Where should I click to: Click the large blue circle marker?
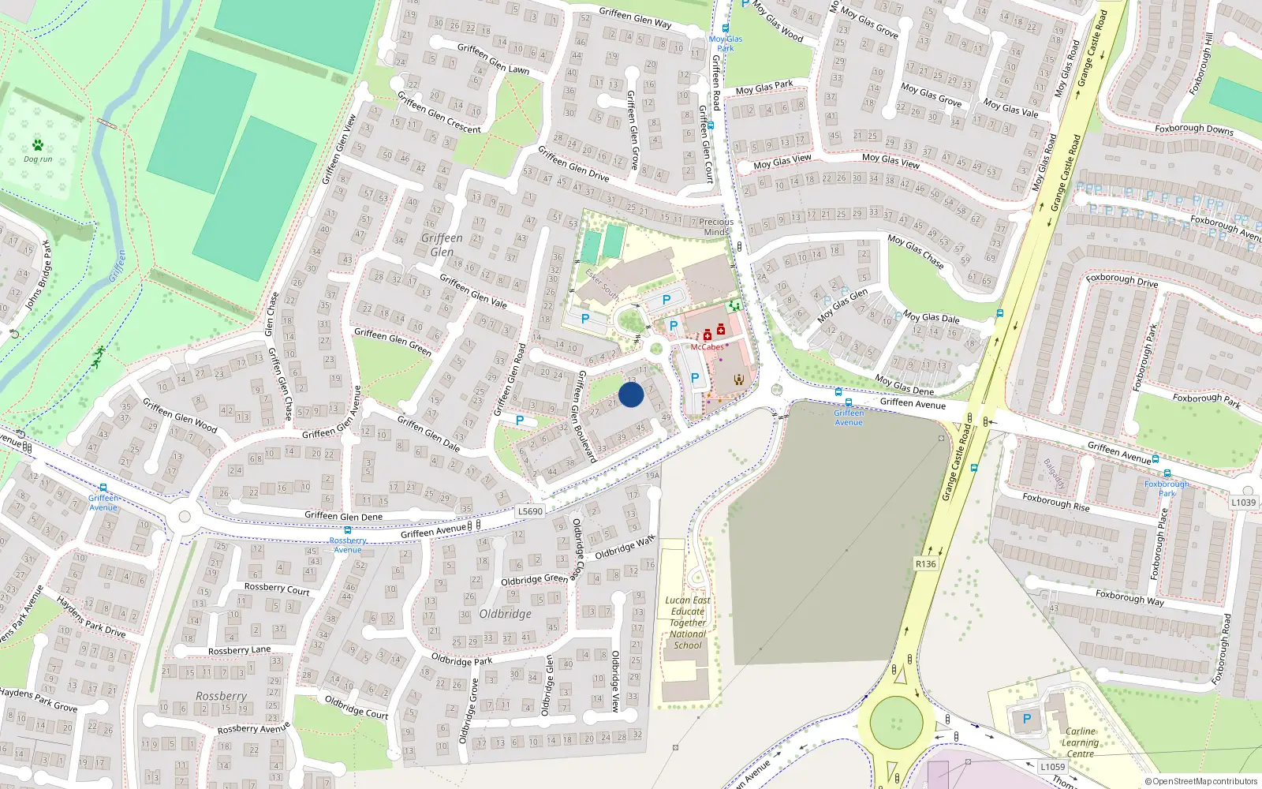(631, 394)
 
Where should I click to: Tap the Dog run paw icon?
(38, 145)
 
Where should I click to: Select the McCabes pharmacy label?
(707, 347)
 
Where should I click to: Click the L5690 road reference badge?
(530, 511)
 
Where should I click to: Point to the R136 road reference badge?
(926, 564)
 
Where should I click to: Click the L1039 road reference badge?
(1243, 503)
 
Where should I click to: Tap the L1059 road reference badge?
(1052, 767)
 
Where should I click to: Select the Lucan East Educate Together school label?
(688, 623)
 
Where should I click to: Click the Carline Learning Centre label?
(1080, 742)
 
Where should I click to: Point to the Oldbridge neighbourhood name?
(506, 614)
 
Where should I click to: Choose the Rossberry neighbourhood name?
(222, 696)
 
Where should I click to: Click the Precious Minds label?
(716, 227)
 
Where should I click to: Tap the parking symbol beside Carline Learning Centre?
(1027, 719)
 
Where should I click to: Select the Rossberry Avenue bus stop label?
(348, 545)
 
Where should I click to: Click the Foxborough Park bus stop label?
(1167, 488)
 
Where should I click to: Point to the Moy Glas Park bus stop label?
(726, 43)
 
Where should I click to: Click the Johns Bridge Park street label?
(38, 275)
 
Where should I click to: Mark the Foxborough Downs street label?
(1193, 129)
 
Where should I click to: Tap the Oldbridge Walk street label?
(625, 548)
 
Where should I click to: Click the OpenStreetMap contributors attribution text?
(1201, 782)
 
